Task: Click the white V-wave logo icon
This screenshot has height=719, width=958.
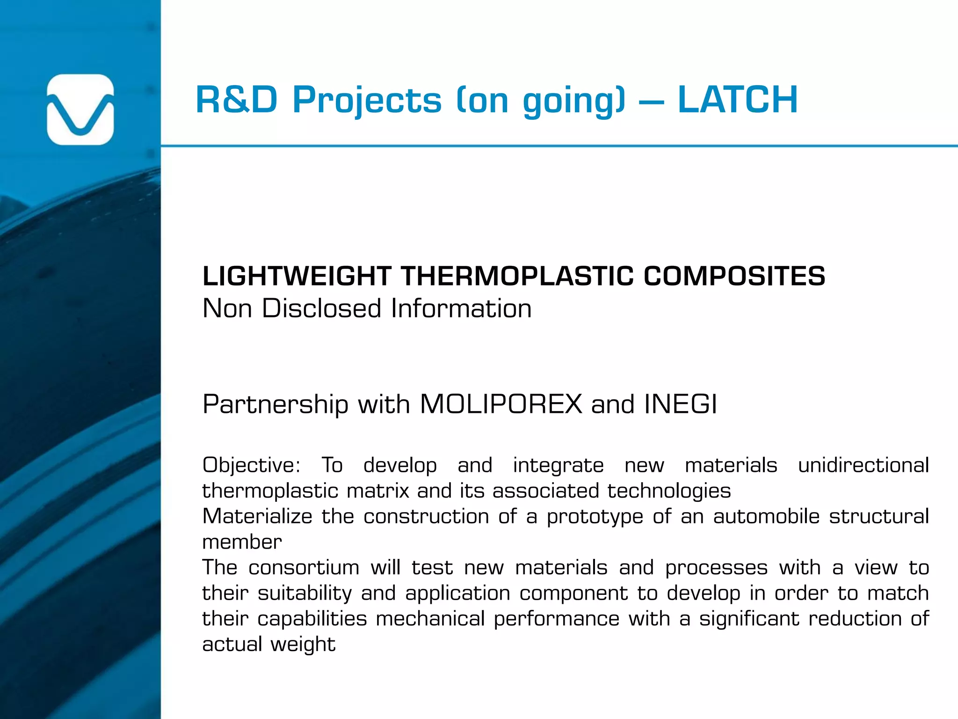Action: pos(80,110)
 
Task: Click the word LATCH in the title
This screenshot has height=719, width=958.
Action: pos(738,100)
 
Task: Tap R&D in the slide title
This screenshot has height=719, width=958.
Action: pos(237,100)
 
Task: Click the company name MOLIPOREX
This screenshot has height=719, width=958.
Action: pos(501,404)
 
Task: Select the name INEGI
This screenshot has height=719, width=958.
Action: pos(681,404)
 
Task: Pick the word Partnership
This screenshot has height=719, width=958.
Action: pos(276,405)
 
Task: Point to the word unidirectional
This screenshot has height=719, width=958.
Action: pos(863,465)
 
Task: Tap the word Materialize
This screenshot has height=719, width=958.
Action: pos(257,516)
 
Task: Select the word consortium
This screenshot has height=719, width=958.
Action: pos(304,568)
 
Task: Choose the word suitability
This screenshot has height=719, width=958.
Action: pos(305,594)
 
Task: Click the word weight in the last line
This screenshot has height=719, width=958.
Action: pos(303,645)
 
